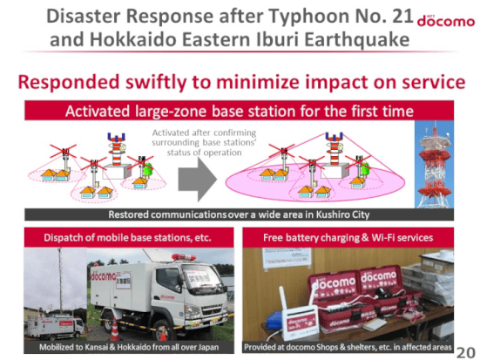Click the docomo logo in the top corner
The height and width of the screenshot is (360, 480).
click(446, 21)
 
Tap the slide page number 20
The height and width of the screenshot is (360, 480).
click(465, 352)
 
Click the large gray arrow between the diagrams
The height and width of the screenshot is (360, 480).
click(198, 180)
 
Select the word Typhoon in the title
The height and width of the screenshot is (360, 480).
click(310, 17)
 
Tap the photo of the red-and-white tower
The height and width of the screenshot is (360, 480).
click(434, 165)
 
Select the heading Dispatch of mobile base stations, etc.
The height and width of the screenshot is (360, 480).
click(127, 238)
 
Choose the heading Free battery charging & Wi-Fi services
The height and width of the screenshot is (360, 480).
click(348, 238)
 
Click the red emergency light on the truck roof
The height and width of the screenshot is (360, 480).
click(184, 257)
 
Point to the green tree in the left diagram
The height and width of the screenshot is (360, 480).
click(148, 169)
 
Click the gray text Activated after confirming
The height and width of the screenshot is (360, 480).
click(204, 132)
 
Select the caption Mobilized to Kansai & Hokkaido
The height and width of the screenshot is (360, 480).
click(129, 347)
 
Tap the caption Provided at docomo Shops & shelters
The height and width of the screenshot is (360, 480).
click(348, 347)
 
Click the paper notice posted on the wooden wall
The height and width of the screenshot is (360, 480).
click(287, 258)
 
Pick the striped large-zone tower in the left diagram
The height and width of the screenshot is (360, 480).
click(116, 149)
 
